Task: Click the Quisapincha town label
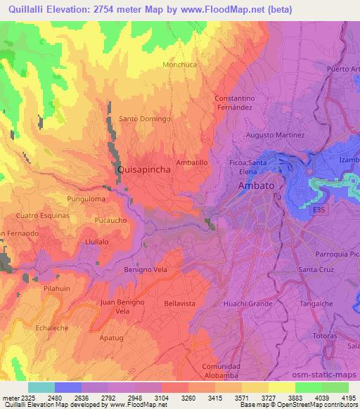[143, 169]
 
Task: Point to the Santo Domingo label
[145, 119]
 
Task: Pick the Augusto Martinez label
[274, 134]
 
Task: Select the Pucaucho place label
[110, 220]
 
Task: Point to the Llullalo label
[96, 240]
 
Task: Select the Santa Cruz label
[316, 269]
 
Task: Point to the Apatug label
[111, 337]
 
